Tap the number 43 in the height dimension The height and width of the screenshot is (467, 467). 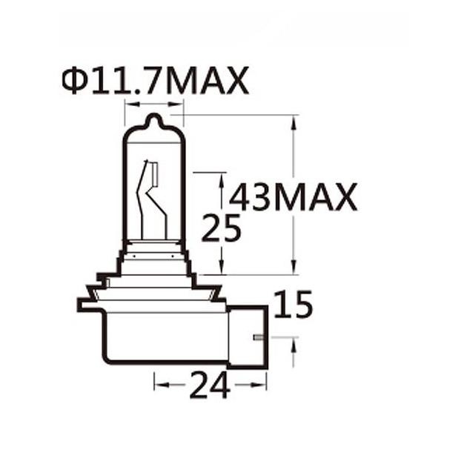251,197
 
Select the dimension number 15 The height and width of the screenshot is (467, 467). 293,305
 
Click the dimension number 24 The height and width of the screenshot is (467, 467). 210,385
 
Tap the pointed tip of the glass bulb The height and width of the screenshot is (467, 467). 152,118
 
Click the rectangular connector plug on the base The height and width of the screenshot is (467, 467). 248,337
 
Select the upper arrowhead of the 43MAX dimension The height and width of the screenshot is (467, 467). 295,121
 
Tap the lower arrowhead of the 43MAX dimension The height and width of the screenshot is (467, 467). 295,268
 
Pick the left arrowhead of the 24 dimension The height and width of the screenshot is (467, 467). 158,384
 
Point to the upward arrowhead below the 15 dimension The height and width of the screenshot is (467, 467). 294,343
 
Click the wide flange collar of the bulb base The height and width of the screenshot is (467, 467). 151,301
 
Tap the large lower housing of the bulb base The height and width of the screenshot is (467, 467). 163,337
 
